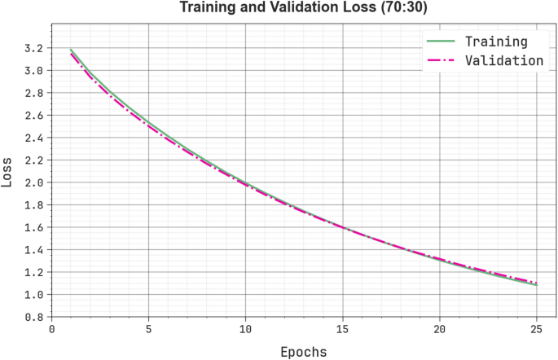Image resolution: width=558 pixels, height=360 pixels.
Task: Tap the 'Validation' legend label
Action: coord(504,60)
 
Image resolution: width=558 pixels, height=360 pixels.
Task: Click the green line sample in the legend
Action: coord(441,41)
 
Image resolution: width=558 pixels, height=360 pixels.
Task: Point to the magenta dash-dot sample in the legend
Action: coord(441,60)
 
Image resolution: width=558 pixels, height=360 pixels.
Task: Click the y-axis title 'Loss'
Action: coord(8,172)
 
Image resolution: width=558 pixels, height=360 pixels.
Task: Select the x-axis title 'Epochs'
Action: coord(303,352)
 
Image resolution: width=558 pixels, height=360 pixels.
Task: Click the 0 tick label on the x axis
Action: coord(51,329)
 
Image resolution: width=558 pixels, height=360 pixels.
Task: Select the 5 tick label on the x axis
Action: coord(148,329)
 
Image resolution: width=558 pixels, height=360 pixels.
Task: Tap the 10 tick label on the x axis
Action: coord(245,329)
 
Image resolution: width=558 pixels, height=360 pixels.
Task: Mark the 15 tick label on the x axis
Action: coord(343,329)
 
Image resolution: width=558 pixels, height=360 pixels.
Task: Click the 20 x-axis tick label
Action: coord(440,329)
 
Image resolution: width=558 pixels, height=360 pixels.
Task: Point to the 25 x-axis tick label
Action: coord(537,329)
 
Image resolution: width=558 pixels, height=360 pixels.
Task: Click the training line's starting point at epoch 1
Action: coord(71,50)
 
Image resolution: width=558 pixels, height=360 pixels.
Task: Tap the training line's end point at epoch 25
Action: coord(537,285)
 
